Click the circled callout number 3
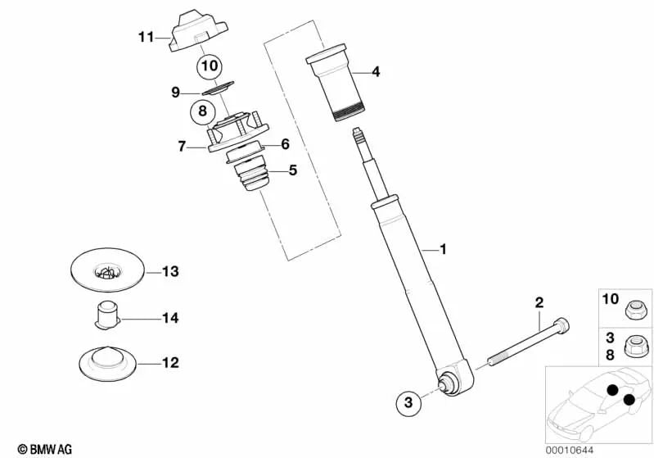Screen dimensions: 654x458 point(408,402)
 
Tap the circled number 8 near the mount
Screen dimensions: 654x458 point(203,111)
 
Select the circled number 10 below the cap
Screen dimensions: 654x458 point(210,66)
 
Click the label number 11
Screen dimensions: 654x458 point(146,37)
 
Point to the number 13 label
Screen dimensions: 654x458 point(170,271)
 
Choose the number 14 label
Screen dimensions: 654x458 point(170,318)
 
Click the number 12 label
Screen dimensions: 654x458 point(170,362)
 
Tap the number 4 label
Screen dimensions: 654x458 point(376,71)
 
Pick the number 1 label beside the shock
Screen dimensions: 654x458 point(443,249)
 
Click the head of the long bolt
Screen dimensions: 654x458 point(561,325)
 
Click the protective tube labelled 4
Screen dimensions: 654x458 point(335,82)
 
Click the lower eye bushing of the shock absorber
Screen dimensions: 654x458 point(448,382)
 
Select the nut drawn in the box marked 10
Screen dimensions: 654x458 point(636,311)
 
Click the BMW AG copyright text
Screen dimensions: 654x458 point(45,449)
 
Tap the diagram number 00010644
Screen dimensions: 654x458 point(570,450)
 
